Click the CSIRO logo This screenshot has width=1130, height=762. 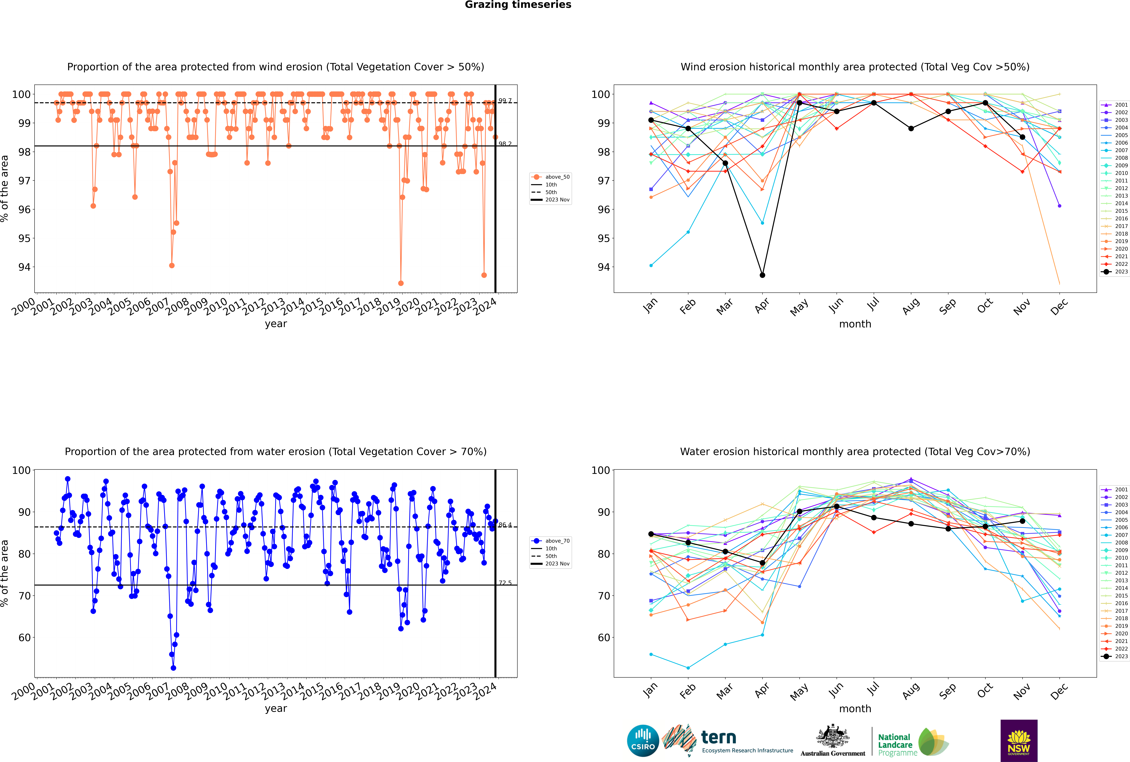tap(643, 741)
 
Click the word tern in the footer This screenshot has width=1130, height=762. tap(719, 738)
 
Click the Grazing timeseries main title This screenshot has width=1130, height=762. tap(518, 5)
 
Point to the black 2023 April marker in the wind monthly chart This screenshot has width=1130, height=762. tap(762, 275)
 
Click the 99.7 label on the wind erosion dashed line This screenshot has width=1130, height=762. tap(505, 101)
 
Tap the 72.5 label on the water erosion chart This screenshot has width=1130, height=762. tap(505, 583)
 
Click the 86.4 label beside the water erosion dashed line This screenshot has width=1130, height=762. tap(505, 525)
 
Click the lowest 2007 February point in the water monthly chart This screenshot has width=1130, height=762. tap(688, 668)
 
